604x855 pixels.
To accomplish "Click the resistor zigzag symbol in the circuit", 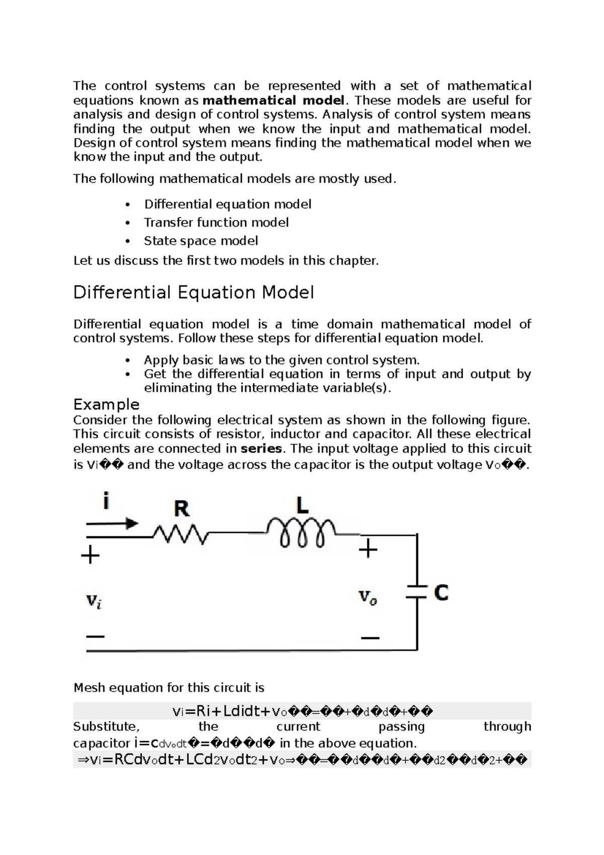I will click(180, 535).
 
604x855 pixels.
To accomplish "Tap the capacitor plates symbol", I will click(417, 592).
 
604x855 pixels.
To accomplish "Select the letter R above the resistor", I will click(181, 509).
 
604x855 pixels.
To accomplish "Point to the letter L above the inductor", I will click(302, 505).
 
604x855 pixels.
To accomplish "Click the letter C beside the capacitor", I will click(441, 593).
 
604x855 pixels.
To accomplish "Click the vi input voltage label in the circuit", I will click(94, 601).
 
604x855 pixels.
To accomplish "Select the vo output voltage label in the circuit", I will click(367, 597).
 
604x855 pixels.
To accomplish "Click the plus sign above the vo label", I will click(368, 549).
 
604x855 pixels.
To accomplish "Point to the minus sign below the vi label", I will click(95, 636).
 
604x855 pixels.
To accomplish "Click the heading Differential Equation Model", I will click(193, 293).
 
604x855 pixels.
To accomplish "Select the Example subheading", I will click(106, 404).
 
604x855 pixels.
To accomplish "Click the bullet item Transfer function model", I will click(216, 223).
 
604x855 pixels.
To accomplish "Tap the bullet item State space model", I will click(201, 241).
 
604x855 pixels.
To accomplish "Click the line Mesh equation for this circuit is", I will click(169, 688).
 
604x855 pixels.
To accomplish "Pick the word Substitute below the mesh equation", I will click(106, 727).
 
